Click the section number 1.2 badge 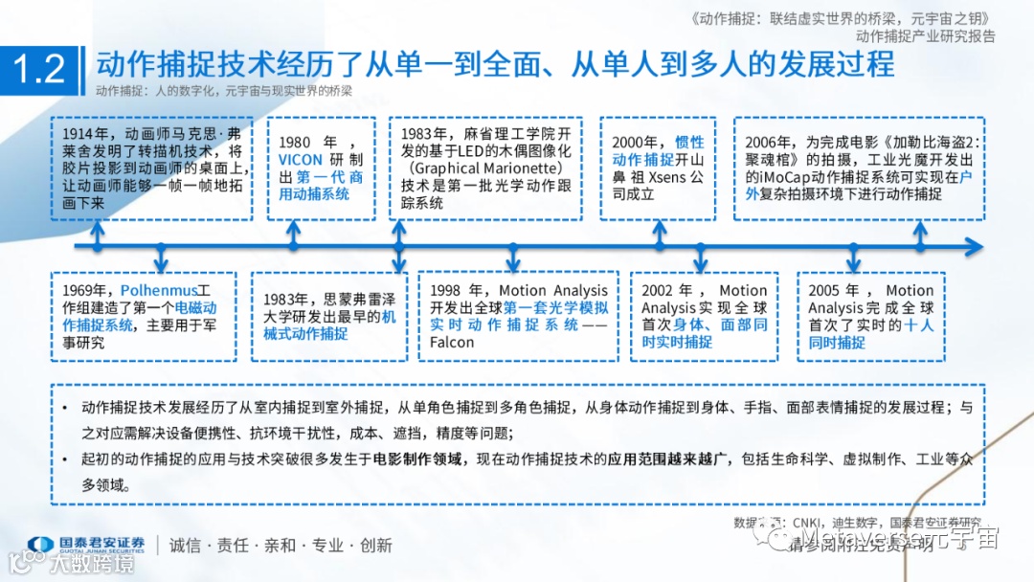39,69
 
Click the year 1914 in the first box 79,134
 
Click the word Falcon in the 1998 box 452,342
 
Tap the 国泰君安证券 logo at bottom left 86,545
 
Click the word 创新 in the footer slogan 376,545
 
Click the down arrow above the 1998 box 513,258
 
